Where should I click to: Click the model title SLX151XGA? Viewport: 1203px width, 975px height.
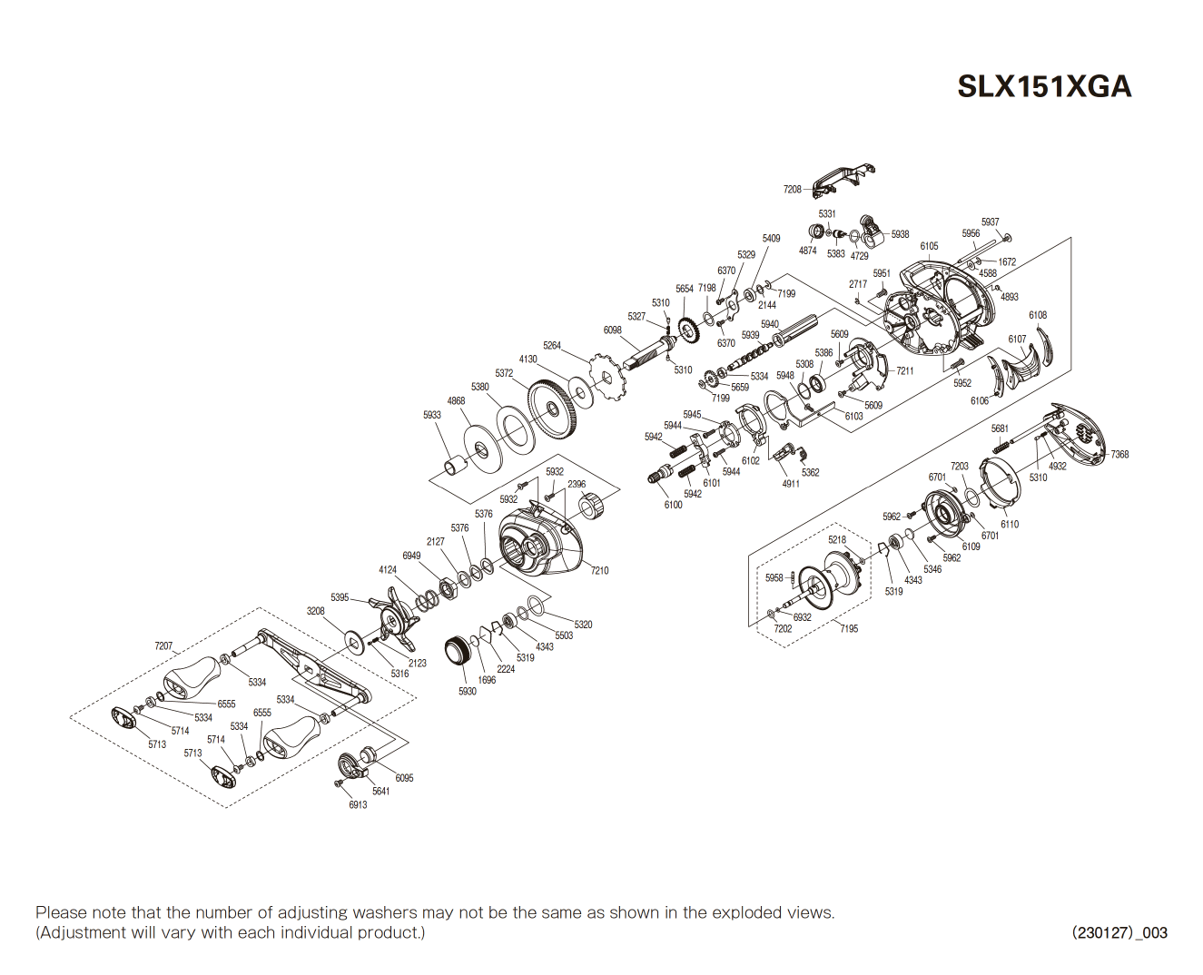tap(1044, 86)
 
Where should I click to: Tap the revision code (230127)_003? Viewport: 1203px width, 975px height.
tap(1119, 932)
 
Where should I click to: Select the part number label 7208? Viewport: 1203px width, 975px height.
tap(792, 190)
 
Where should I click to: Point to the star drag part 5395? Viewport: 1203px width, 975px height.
tap(396, 618)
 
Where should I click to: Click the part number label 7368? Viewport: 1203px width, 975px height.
tap(1119, 454)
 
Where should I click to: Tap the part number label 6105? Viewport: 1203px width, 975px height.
tap(929, 246)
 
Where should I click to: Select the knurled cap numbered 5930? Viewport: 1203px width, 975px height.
tap(460, 652)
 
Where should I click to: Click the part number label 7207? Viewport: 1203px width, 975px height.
tap(163, 646)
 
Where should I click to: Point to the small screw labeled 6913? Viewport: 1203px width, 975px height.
tap(340, 782)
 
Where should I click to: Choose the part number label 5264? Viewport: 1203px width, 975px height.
tap(552, 345)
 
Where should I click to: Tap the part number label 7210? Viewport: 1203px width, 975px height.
tap(599, 570)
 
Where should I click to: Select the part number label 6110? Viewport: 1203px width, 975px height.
tap(1010, 524)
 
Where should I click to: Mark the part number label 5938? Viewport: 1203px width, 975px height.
tap(900, 234)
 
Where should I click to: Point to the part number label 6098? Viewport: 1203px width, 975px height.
tap(613, 330)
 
